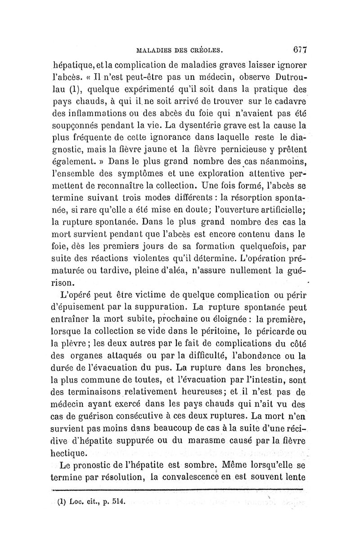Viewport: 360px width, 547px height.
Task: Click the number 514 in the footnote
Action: point(120,501)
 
